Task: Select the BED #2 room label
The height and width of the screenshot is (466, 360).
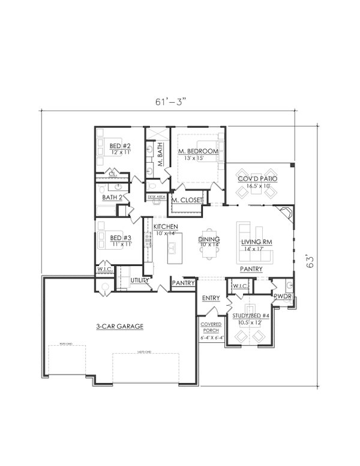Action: click(120, 146)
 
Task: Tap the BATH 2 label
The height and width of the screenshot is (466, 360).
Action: click(112, 197)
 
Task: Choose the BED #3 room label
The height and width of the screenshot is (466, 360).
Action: click(120, 238)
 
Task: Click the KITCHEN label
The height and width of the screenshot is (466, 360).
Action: click(165, 226)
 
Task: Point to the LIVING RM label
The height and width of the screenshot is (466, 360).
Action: click(257, 241)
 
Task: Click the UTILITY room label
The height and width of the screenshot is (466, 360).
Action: click(140, 280)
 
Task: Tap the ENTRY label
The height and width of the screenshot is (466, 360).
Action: click(210, 297)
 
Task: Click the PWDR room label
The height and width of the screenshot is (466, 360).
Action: click(283, 297)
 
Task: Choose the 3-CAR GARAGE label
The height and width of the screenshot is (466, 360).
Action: click(119, 327)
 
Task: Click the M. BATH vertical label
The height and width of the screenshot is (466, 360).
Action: click(160, 154)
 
